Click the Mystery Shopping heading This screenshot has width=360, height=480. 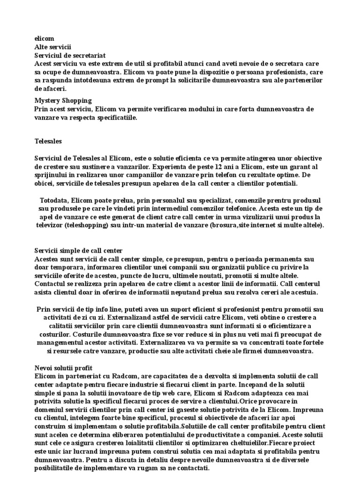(63, 100)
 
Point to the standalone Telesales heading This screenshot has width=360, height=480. (48, 140)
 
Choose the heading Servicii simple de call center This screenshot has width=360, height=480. (78, 251)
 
